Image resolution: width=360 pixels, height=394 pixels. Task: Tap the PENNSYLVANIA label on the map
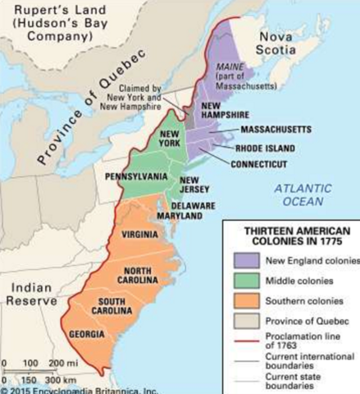[x=136, y=175]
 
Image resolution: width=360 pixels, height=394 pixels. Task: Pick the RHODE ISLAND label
[x=270, y=149]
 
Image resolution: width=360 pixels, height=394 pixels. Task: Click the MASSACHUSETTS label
[x=276, y=130]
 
